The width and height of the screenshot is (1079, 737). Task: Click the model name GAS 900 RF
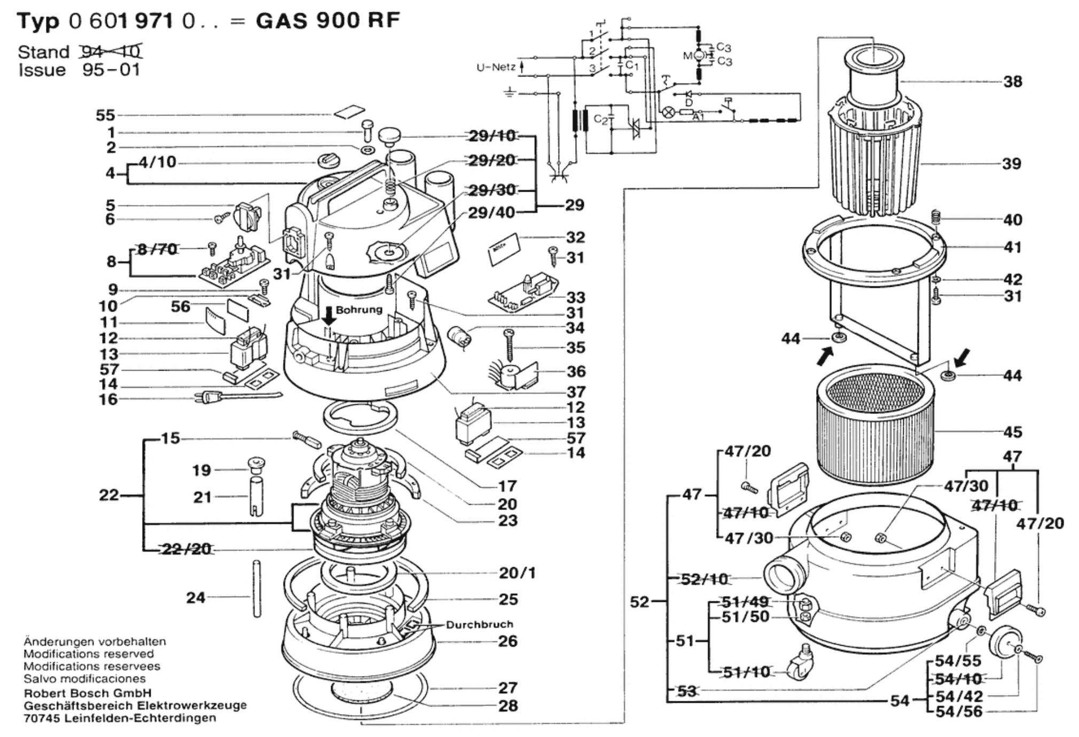tap(327, 21)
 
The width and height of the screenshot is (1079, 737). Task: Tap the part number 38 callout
tap(1012, 82)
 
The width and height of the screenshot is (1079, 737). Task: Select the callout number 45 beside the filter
tap(1012, 432)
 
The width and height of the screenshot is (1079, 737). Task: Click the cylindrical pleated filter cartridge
tap(874, 423)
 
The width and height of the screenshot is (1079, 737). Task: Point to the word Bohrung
tap(359, 310)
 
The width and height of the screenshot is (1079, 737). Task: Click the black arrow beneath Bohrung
tap(329, 316)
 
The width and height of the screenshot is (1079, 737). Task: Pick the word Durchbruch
tap(479, 624)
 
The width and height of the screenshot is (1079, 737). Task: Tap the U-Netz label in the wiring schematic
tap(496, 68)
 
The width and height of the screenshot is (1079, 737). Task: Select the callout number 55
tap(105, 115)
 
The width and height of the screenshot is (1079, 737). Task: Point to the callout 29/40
tap(491, 213)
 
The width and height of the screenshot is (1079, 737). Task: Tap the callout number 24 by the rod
tap(196, 597)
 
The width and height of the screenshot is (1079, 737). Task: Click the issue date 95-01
tap(111, 70)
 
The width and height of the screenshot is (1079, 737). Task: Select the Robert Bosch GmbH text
tap(88, 693)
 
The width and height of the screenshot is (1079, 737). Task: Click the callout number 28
tap(508, 705)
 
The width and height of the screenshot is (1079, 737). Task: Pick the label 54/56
tap(958, 711)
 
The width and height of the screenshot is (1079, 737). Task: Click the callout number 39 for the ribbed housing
tap(1011, 163)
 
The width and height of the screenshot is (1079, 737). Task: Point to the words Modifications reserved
tap(88, 654)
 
